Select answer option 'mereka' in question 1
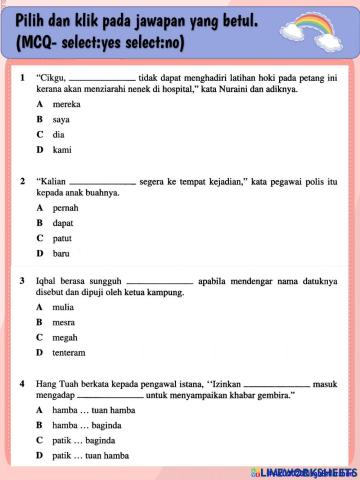point(67,103)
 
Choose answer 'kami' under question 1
point(62,150)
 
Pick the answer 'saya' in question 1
point(62,119)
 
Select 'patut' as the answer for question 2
point(63,238)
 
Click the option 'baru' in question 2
point(62,254)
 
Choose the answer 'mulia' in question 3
point(64,307)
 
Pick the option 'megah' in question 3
point(65,338)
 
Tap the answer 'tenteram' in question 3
point(69,353)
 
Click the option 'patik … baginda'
point(86,440)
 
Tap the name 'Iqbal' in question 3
point(47,282)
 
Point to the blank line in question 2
point(103,182)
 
